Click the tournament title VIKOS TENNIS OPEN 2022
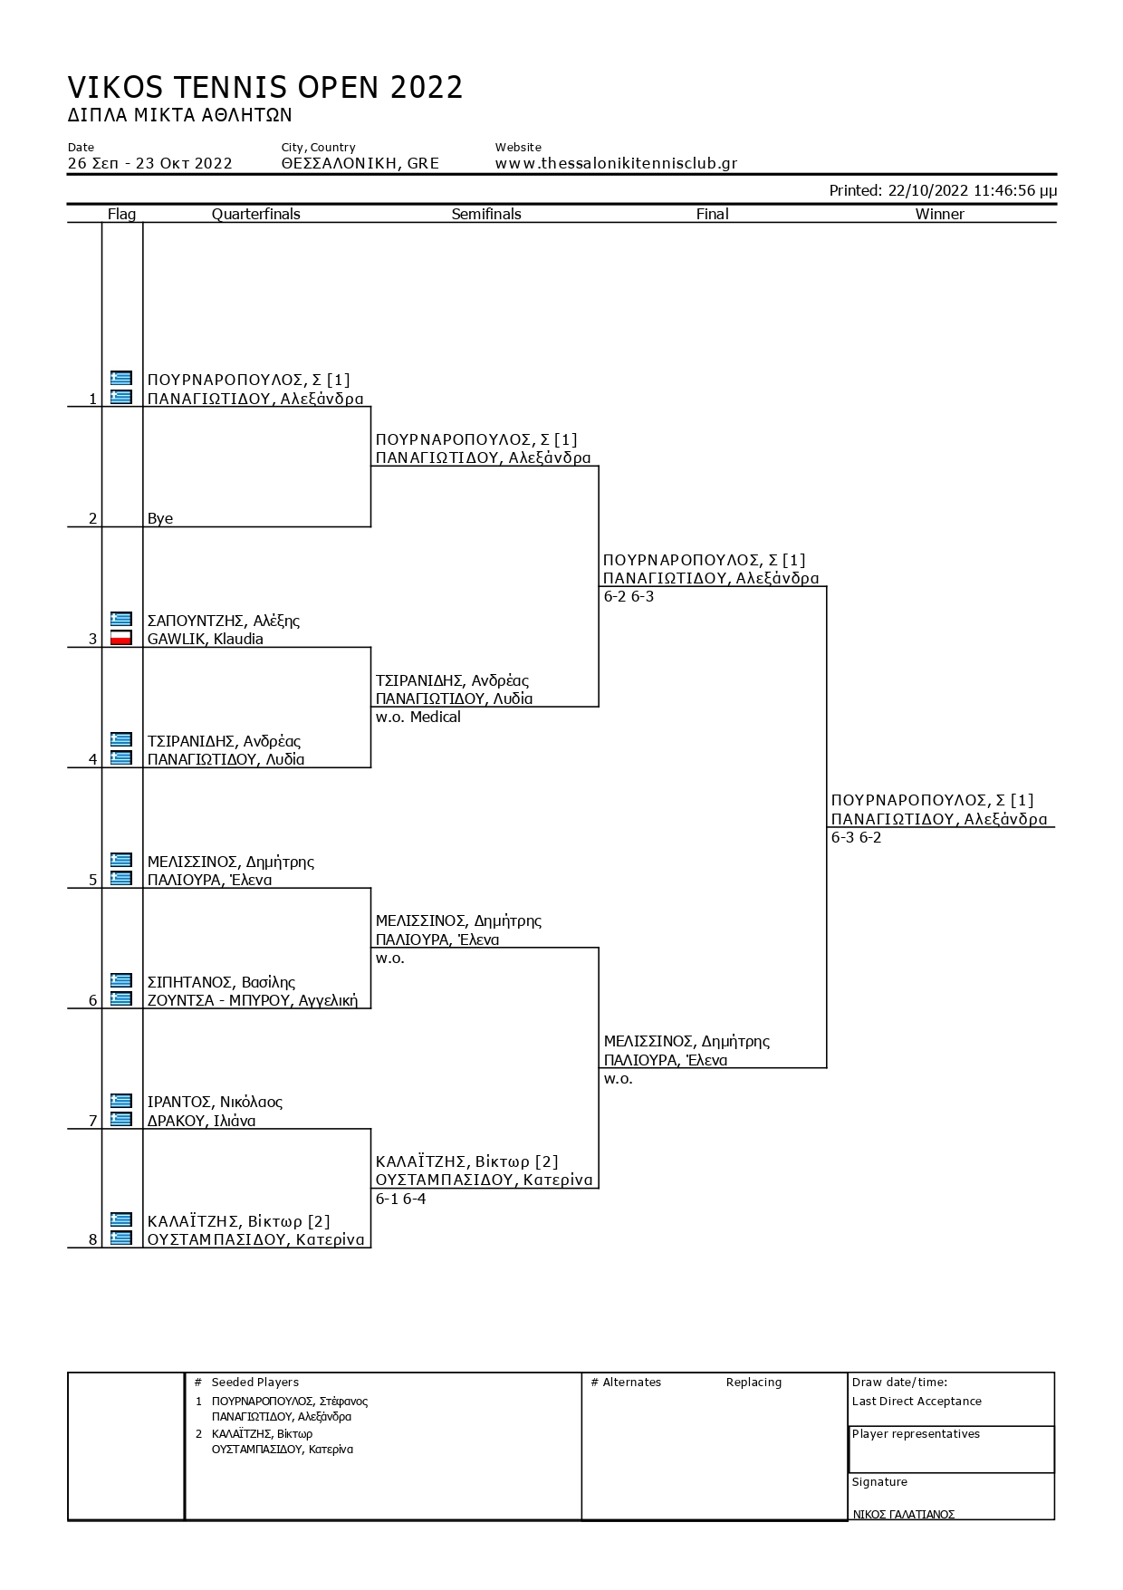[x=265, y=87]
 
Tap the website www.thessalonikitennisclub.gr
[x=616, y=164]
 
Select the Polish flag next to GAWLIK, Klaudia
[x=121, y=638]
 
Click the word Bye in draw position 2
[x=160, y=518]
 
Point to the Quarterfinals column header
[x=256, y=214]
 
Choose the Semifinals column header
[x=486, y=214]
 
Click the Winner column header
[x=939, y=214]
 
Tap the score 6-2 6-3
[x=629, y=596]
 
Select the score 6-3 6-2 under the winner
[x=856, y=837]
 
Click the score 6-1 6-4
[x=400, y=1199]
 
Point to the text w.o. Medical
[x=418, y=717]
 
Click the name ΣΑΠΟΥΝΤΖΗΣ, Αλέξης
[x=224, y=621]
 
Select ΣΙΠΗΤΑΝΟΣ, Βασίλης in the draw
[x=221, y=982]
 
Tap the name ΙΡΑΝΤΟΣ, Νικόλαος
[x=215, y=1103]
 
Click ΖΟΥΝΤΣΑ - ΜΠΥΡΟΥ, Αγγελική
[x=253, y=1000]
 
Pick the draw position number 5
[x=92, y=880]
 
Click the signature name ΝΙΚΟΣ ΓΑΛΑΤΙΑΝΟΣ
[x=903, y=1515]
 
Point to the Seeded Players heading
[x=254, y=1383]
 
